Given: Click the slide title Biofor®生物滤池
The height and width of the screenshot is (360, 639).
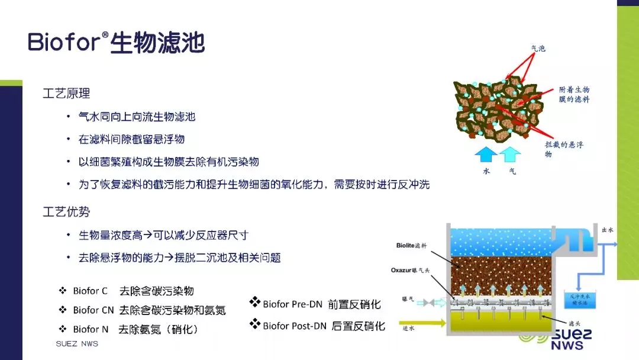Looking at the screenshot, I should [116, 43].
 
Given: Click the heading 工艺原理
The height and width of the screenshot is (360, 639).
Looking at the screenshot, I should [66, 94].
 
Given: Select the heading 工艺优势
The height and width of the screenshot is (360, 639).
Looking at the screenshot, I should [66, 211].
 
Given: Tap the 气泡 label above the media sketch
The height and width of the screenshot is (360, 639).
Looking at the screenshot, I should [538, 49].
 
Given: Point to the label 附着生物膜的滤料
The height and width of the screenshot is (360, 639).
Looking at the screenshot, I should [574, 94].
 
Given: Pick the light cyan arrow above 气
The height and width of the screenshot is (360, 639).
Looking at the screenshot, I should [511, 155].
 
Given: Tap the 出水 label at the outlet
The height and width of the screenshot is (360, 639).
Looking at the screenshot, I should [607, 229].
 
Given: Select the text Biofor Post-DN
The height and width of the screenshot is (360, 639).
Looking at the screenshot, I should [292, 326].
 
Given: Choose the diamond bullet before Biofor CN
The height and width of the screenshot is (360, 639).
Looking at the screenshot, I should [62, 310].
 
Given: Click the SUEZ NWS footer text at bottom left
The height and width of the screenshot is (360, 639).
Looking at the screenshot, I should [77, 344].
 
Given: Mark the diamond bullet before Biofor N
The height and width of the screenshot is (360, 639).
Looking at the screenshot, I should [62, 329].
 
